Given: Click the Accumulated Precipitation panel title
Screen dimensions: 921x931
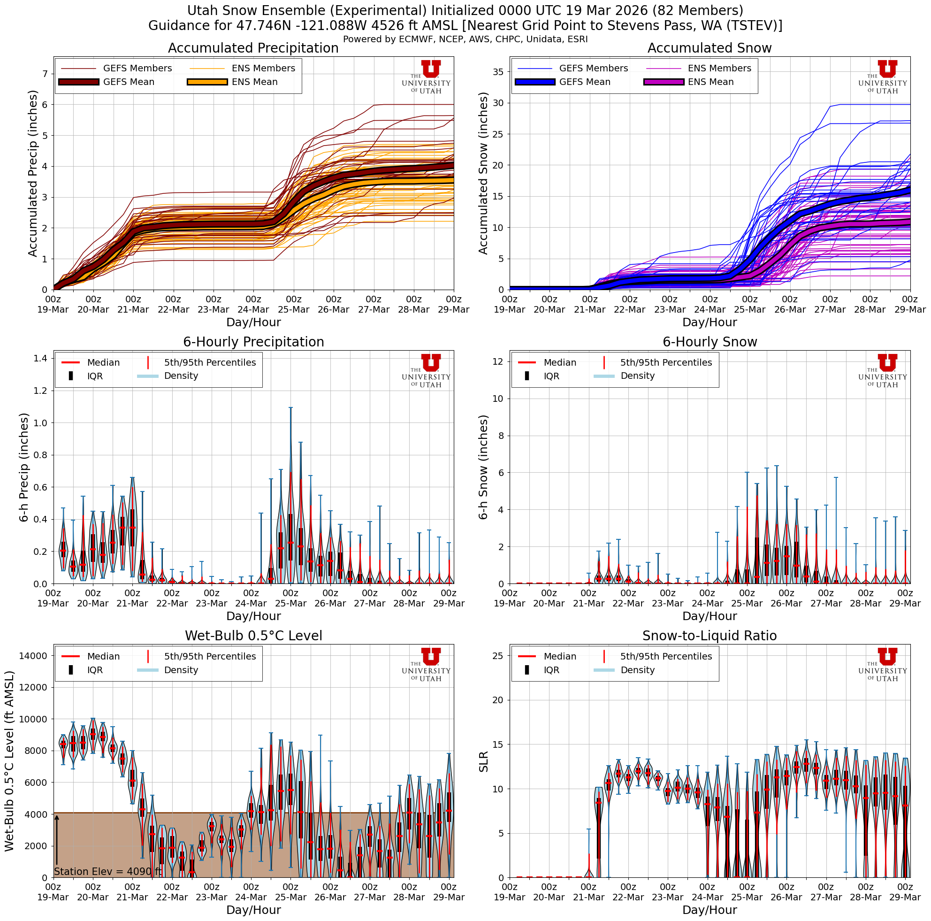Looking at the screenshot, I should [253, 48].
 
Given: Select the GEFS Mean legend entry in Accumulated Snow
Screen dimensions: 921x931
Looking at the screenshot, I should [584, 82].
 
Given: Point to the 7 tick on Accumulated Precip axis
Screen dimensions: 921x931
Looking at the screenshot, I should [45, 74].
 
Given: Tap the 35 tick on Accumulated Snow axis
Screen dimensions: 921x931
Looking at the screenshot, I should [498, 72].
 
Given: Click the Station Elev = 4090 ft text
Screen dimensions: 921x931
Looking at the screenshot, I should [107, 871].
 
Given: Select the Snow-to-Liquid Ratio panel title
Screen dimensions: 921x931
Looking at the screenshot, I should [710, 636].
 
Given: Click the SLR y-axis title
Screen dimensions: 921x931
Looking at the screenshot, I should [483, 762].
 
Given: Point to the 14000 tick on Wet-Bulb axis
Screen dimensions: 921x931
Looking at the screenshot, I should [33, 655].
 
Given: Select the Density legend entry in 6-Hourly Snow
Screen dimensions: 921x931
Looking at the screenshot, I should [637, 376].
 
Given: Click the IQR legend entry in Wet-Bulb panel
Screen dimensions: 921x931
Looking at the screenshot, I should [95, 670].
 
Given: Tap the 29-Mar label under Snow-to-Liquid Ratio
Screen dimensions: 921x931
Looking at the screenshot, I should [905, 898].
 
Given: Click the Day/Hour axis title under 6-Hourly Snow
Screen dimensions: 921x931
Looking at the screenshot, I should [710, 616].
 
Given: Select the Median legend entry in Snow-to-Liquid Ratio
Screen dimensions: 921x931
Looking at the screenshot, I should [559, 656].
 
